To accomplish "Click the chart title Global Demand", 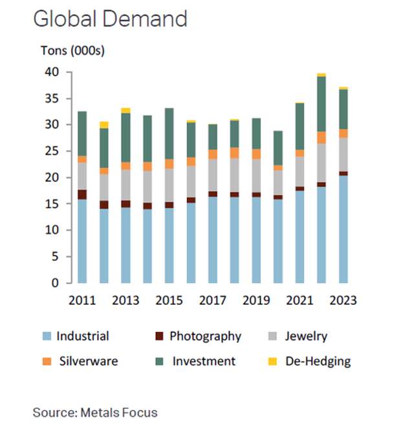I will click(110, 19).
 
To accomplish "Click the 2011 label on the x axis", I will click(83, 300).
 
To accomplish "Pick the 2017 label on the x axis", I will click(213, 300).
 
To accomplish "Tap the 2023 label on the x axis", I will click(343, 300).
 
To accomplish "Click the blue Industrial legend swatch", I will click(47, 336).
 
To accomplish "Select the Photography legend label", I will click(205, 336).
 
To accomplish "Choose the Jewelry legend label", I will click(306, 336).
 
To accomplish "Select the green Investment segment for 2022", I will click(321, 104).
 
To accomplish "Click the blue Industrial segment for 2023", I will click(343, 229).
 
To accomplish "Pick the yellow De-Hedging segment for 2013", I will click(125, 110).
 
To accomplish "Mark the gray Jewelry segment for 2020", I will click(278, 182).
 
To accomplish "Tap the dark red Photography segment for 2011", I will click(82, 194).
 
